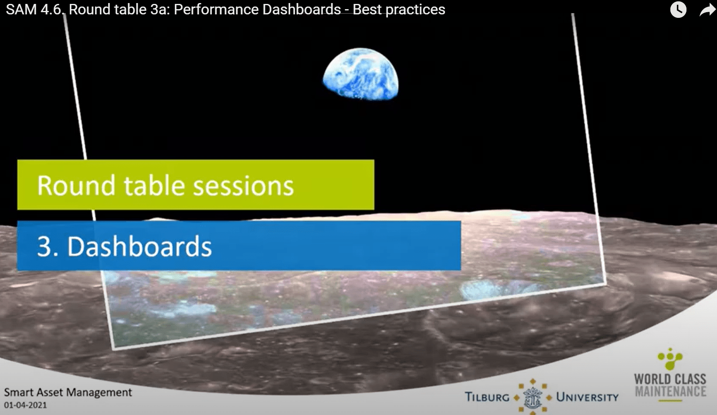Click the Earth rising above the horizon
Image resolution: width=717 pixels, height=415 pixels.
360,74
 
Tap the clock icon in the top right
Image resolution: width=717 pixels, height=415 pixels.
678,10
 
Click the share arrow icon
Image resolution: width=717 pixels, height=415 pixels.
707,10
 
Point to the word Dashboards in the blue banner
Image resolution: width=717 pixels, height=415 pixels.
139,246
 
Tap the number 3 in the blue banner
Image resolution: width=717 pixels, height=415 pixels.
45,246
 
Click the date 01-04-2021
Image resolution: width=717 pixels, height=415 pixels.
25,405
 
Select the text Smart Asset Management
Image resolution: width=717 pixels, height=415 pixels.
68,392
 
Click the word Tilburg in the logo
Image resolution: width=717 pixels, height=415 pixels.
487,397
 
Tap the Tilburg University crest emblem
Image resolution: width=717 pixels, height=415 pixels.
533,397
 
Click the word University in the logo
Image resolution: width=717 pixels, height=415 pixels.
587,397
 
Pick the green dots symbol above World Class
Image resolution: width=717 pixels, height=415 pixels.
670,359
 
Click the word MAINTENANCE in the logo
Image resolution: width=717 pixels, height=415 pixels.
670,391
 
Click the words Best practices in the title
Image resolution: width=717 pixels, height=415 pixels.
399,10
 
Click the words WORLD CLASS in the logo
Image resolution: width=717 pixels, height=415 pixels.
670,379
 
